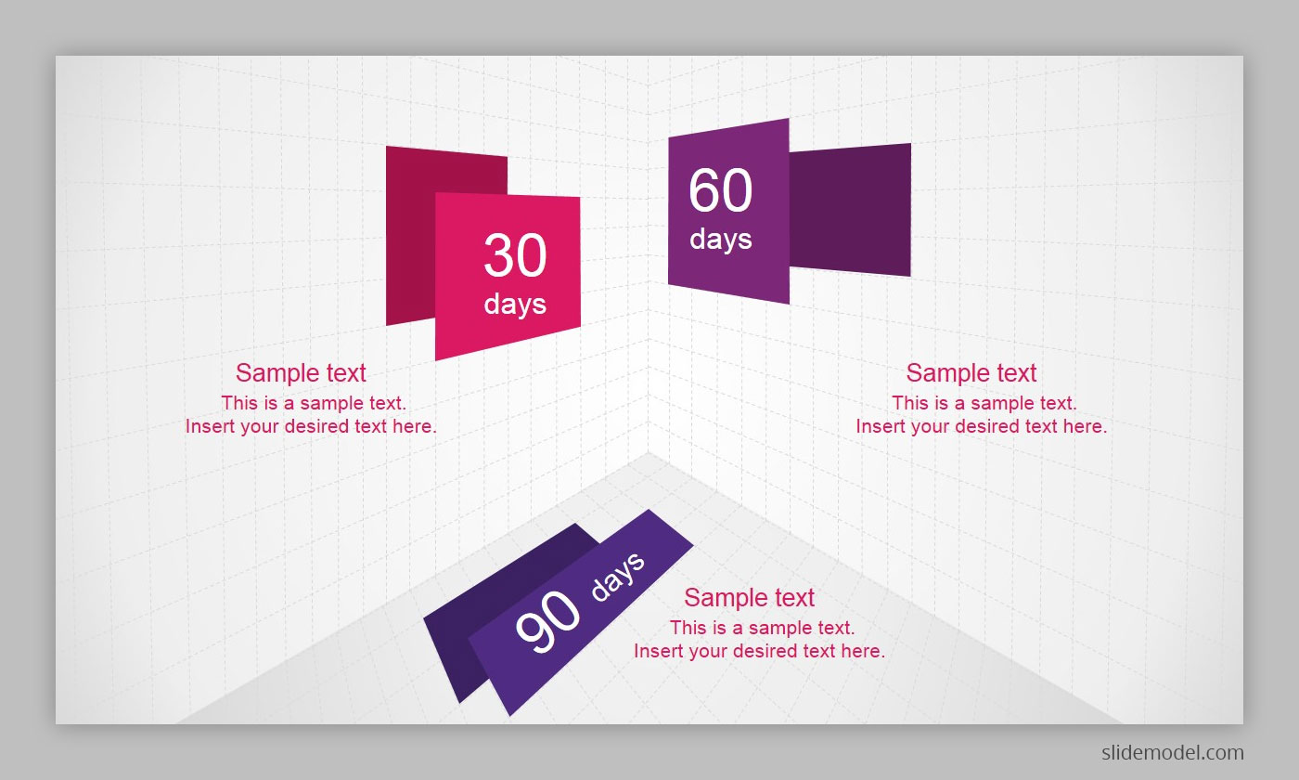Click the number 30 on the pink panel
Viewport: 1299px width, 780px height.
(x=515, y=255)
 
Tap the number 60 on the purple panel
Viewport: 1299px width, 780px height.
(x=721, y=189)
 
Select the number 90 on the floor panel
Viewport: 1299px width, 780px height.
(x=547, y=621)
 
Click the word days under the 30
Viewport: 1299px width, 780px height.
(x=515, y=304)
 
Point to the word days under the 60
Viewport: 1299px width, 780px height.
(x=721, y=239)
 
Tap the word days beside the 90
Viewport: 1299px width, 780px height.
(x=618, y=577)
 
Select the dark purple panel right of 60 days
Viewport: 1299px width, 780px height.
(x=850, y=210)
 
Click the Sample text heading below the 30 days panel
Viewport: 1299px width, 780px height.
(x=301, y=372)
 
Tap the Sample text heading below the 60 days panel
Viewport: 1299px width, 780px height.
(x=971, y=372)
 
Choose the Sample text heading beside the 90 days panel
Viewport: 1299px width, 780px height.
(x=750, y=597)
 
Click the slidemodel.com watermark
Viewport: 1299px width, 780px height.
(x=1173, y=752)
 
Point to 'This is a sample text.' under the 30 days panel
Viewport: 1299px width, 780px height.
(x=314, y=403)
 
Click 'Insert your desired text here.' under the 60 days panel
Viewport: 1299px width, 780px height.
(x=982, y=426)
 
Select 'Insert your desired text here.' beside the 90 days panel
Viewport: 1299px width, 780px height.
(x=759, y=651)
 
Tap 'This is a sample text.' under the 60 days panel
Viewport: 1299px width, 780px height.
(x=984, y=403)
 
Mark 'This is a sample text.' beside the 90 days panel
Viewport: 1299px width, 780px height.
(x=762, y=628)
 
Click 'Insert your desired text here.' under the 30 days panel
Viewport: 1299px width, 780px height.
(x=311, y=426)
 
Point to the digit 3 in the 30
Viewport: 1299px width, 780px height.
(x=498, y=255)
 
